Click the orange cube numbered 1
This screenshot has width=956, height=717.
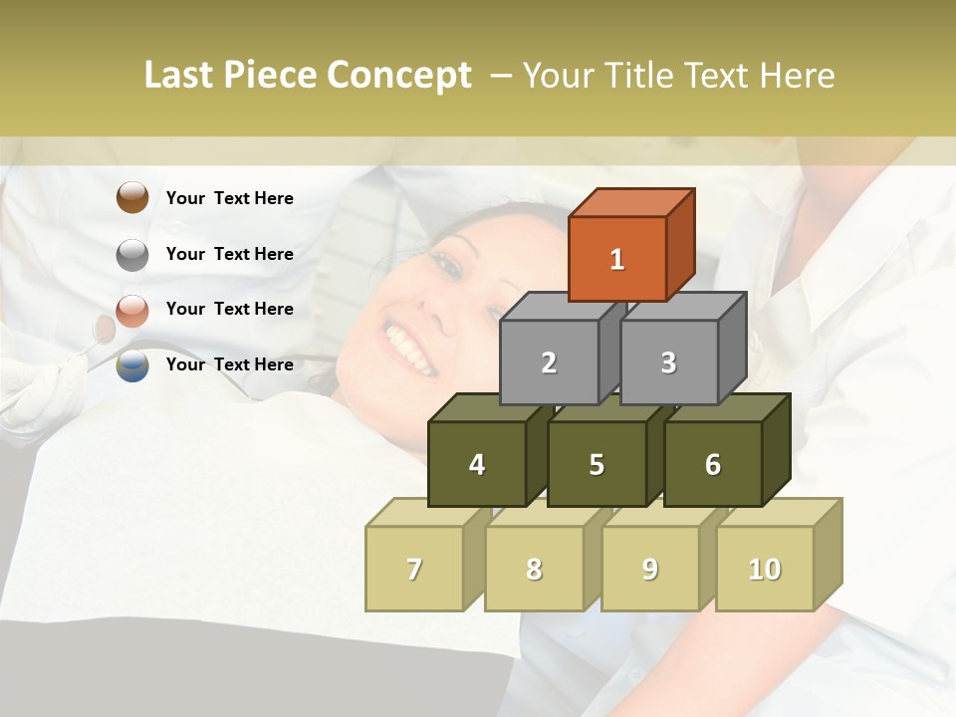coord(617,259)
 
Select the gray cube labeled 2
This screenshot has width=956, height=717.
coord(549,362)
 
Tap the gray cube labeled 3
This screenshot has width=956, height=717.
coord(668,362)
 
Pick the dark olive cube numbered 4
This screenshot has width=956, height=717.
coord(477,464)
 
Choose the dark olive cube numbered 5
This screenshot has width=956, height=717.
coord(597,464)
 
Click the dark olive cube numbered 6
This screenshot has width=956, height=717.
coord(712,464)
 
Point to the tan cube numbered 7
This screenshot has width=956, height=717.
coord(414,569)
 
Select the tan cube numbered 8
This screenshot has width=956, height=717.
coord(534,569)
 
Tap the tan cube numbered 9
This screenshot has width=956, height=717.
coord(649,569)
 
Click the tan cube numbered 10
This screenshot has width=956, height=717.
coord(764,569)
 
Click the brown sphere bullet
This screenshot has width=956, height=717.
coord(132,197)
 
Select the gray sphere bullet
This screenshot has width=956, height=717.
coord(132,254)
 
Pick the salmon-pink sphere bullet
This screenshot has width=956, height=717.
coord(132,310)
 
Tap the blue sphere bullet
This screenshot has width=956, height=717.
coord(132,365)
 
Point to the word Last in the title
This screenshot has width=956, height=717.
coord(180,76)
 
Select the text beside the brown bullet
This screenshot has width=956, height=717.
coord(230,198)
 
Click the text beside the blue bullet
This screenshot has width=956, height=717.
coord(230,364)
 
